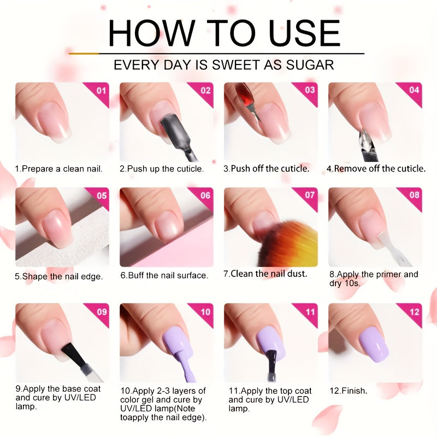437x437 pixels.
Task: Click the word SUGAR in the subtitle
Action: pyautogui.click(x=310, y=65)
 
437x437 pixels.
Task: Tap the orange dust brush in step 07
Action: pyautogui.click(x=287, y=243)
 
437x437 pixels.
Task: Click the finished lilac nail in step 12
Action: pyautogui.click(x=374, y=345)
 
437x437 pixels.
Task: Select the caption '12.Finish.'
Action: pyautogui.click(x=349, y=391)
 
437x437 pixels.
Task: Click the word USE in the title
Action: pyautogui.click(x=305, y=33)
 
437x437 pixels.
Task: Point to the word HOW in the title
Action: pyautogui.click(x=151, y=33)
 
